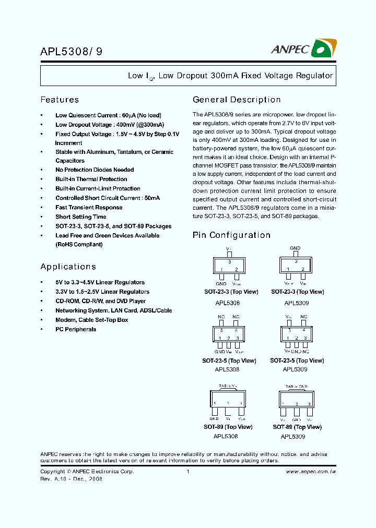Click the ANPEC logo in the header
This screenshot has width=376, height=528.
pos(303,49)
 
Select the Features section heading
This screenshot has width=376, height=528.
pos(60,100)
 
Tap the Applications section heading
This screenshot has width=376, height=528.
pos(68,267)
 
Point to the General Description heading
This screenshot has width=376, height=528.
pos(237,100)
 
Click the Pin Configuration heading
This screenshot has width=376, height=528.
pos(231,235)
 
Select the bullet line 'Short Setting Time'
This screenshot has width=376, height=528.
pos(80,217)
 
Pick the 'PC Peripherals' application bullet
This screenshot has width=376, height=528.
pos(76,330)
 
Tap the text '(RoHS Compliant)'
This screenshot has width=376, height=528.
pos(79,245)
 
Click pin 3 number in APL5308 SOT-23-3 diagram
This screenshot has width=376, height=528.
pos(229,261)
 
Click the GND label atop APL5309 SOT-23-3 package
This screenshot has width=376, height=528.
pos(295,248)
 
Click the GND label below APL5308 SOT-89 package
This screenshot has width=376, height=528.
pos(214,419)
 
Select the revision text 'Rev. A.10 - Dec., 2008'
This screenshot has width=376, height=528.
pos(71,479)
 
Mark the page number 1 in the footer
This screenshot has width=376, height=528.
pos(187,472)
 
